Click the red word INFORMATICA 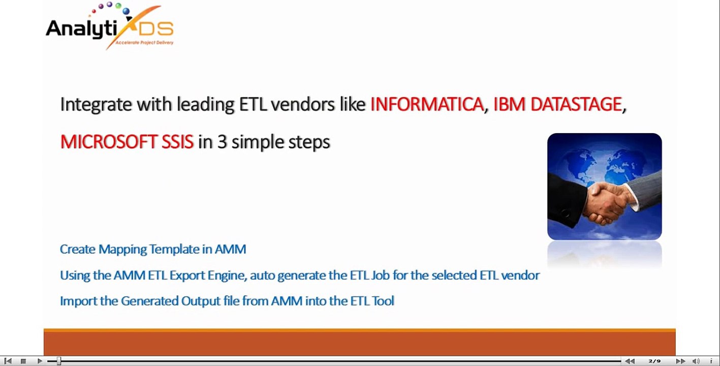427,104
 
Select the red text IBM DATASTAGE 557,104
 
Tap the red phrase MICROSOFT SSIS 127,142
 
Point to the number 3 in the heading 222,142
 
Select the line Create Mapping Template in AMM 153,249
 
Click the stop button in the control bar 23,361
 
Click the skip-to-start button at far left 8,361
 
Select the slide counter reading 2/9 654,361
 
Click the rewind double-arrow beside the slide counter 630,361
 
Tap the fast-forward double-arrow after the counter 680,361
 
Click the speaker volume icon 696,361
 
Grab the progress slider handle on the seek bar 58,361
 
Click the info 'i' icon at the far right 711,361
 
